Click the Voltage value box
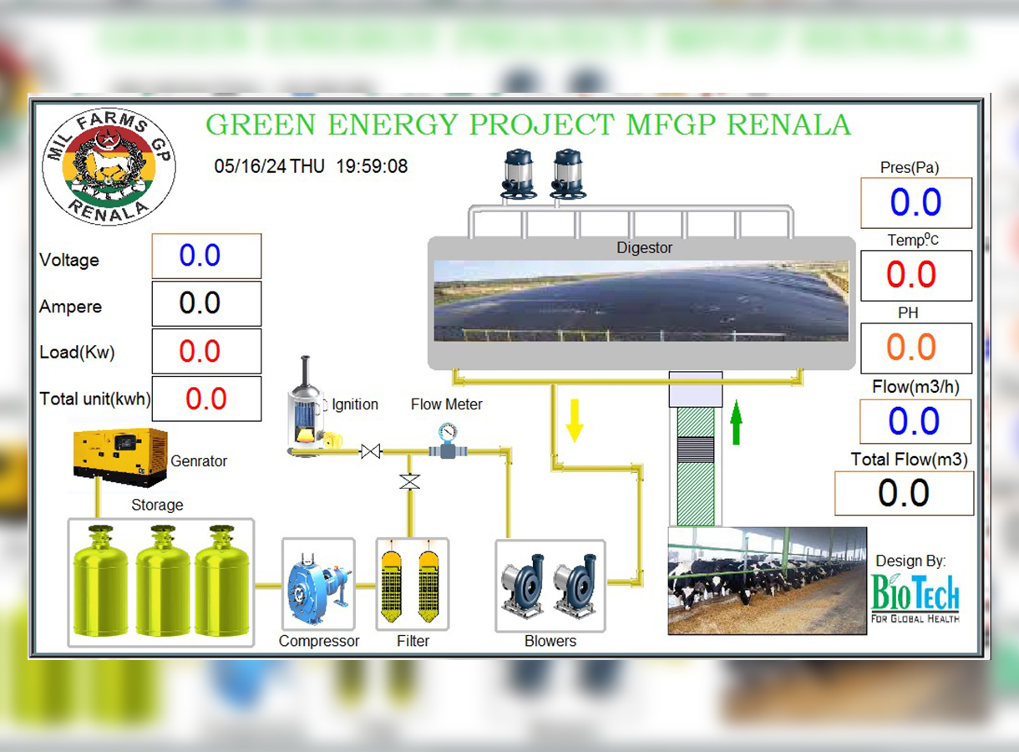coord(206,256)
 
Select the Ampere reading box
coord(206,303)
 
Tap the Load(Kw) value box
coord(206,351)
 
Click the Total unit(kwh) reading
coord(206,399)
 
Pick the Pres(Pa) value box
coord(916,202)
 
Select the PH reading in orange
coord(911,347)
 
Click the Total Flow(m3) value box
coord(905,493)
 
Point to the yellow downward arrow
coord(575,420)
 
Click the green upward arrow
coord(736,422)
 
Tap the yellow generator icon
coord(120,457)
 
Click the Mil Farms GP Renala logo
coord(109,166)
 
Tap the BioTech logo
coord(915,597)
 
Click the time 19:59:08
coord(372,166)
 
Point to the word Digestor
coord(644,247)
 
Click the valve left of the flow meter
coord(371,451)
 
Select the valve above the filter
coord(410,481)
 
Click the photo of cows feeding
coord(767,581)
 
